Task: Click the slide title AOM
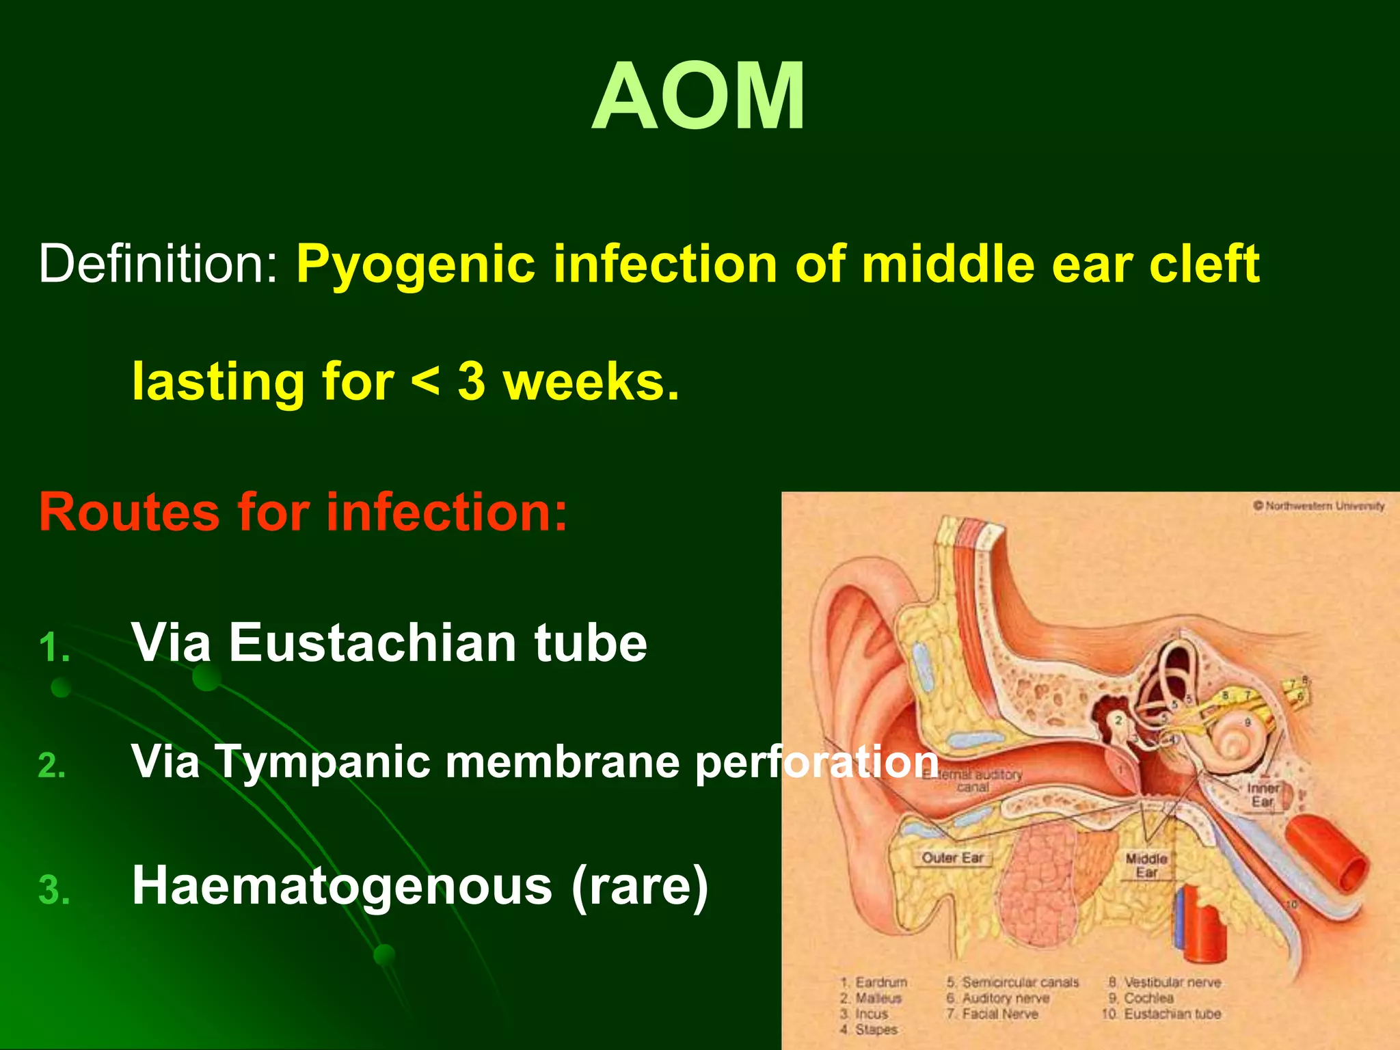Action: pos(699,97)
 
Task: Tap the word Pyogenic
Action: pos(415,265)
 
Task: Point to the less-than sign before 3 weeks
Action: pos(425,381)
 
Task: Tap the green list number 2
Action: pos(52,766)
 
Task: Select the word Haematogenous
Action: pos(342,885)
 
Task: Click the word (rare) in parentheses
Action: pos(639,887)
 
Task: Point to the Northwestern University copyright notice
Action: pos(1319,506)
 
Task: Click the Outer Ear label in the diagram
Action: pos(952,857)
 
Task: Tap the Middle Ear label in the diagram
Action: pos(1146,865)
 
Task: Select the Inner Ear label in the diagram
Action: pos(1263,794)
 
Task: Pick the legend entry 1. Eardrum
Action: pos(874,982)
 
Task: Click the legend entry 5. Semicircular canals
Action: pos(1013,982)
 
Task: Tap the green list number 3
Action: pos(54,891)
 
